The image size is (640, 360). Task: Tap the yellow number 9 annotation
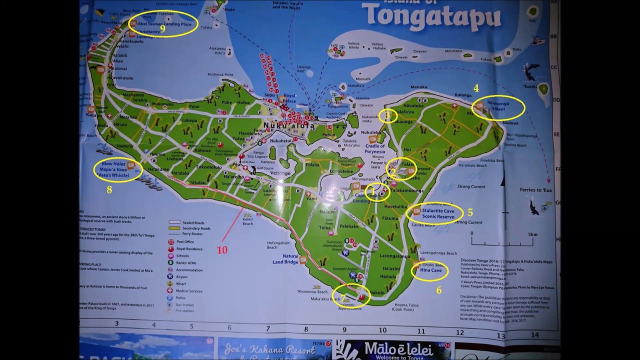point(162,28)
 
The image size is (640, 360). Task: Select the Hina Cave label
point(430,270)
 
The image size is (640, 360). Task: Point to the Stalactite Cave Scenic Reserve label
point(438,214)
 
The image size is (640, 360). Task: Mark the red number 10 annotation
point(221,249)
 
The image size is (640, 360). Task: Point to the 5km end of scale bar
point(532,234)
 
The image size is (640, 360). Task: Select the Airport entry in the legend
point(182,276)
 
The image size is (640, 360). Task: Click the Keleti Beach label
point(248,221)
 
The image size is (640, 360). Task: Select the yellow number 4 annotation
point(476,88)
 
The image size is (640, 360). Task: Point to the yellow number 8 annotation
point(109,189)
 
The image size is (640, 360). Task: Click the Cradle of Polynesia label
point(375,148)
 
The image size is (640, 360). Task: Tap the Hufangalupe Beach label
point(278,245)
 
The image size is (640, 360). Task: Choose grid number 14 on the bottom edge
point(534,335)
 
